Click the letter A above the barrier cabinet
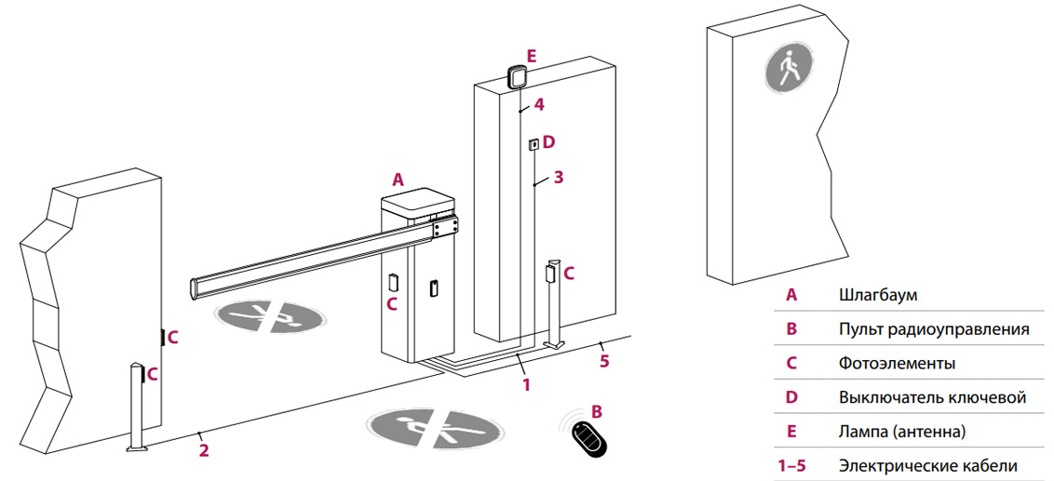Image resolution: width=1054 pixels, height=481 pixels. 399,180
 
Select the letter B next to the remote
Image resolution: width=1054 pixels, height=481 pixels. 597,409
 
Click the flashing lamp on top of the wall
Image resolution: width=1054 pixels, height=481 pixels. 517,76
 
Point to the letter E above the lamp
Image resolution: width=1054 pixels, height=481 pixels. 531,56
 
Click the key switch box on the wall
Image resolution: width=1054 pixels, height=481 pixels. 534,144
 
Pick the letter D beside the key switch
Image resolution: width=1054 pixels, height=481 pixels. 548,141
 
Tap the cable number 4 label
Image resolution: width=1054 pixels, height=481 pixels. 538,104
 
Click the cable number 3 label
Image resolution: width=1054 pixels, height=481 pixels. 558,177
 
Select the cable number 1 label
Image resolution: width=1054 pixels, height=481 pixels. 526,382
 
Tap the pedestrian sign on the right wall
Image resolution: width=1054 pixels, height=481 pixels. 790,70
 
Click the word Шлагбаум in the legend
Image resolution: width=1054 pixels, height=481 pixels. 878,295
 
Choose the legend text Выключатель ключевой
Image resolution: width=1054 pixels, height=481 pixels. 932,397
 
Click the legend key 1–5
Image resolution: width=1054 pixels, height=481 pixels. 791,465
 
